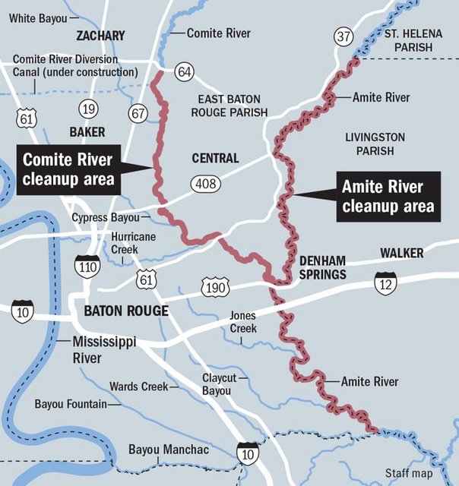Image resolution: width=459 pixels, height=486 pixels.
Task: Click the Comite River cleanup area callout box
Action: [68, 169]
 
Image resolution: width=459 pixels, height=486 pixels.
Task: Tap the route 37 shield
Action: [343, 36]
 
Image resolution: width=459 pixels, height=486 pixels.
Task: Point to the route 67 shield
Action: [138, 114]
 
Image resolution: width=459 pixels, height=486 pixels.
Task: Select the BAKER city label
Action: [87, 131]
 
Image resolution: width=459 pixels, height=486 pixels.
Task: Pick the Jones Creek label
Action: [243, 322]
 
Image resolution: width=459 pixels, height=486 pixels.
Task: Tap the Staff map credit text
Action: [410, 474]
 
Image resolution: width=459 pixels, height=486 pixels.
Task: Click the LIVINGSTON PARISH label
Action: [375, 144]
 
